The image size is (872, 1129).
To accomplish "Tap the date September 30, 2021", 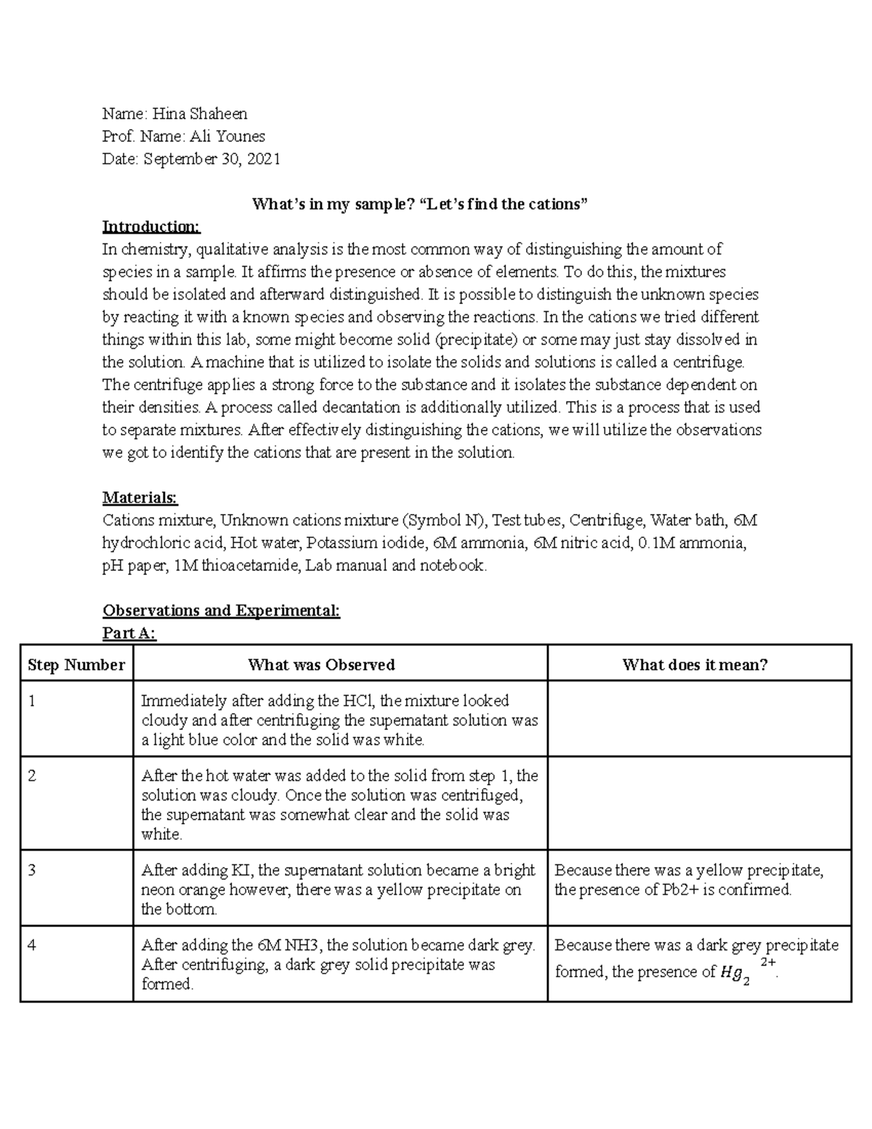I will point(211,158).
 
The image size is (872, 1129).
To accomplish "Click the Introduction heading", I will point(151,227).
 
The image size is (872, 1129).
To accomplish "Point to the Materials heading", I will point(140,498).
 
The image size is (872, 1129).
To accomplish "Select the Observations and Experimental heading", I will point(221,611).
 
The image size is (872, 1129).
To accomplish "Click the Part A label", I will point(129,633).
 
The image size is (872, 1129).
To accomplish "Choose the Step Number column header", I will point(76,664).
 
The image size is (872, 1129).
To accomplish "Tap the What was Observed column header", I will point(321,664).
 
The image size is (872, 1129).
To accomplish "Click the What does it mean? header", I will point(695,664).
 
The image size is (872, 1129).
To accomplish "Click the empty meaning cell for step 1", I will point(698,719).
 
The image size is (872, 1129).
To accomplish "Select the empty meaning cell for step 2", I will point(698,803).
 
